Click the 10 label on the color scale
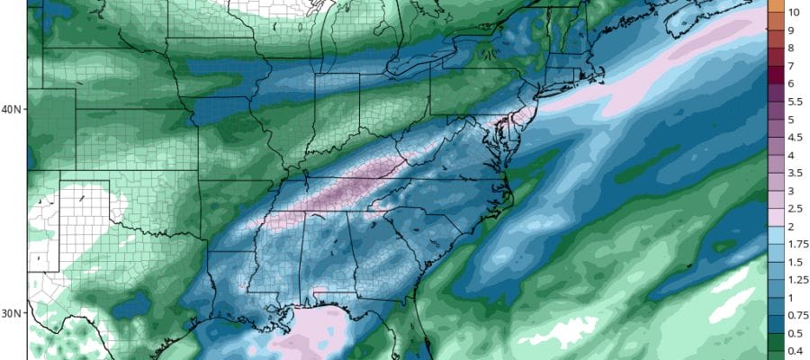click(794, 12)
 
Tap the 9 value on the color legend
click(791, 30)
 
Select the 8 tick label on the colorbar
click(791, 48)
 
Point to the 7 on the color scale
click(791, 66)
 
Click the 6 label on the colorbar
click(791, 84)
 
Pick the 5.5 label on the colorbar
click(796, 102)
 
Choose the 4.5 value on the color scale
click(796, 138)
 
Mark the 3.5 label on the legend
click(796, 174)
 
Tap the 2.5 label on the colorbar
click(796, 210)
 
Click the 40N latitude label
click(13, 110)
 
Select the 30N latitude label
click(13, 313)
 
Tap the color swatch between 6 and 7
click(774, 75)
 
